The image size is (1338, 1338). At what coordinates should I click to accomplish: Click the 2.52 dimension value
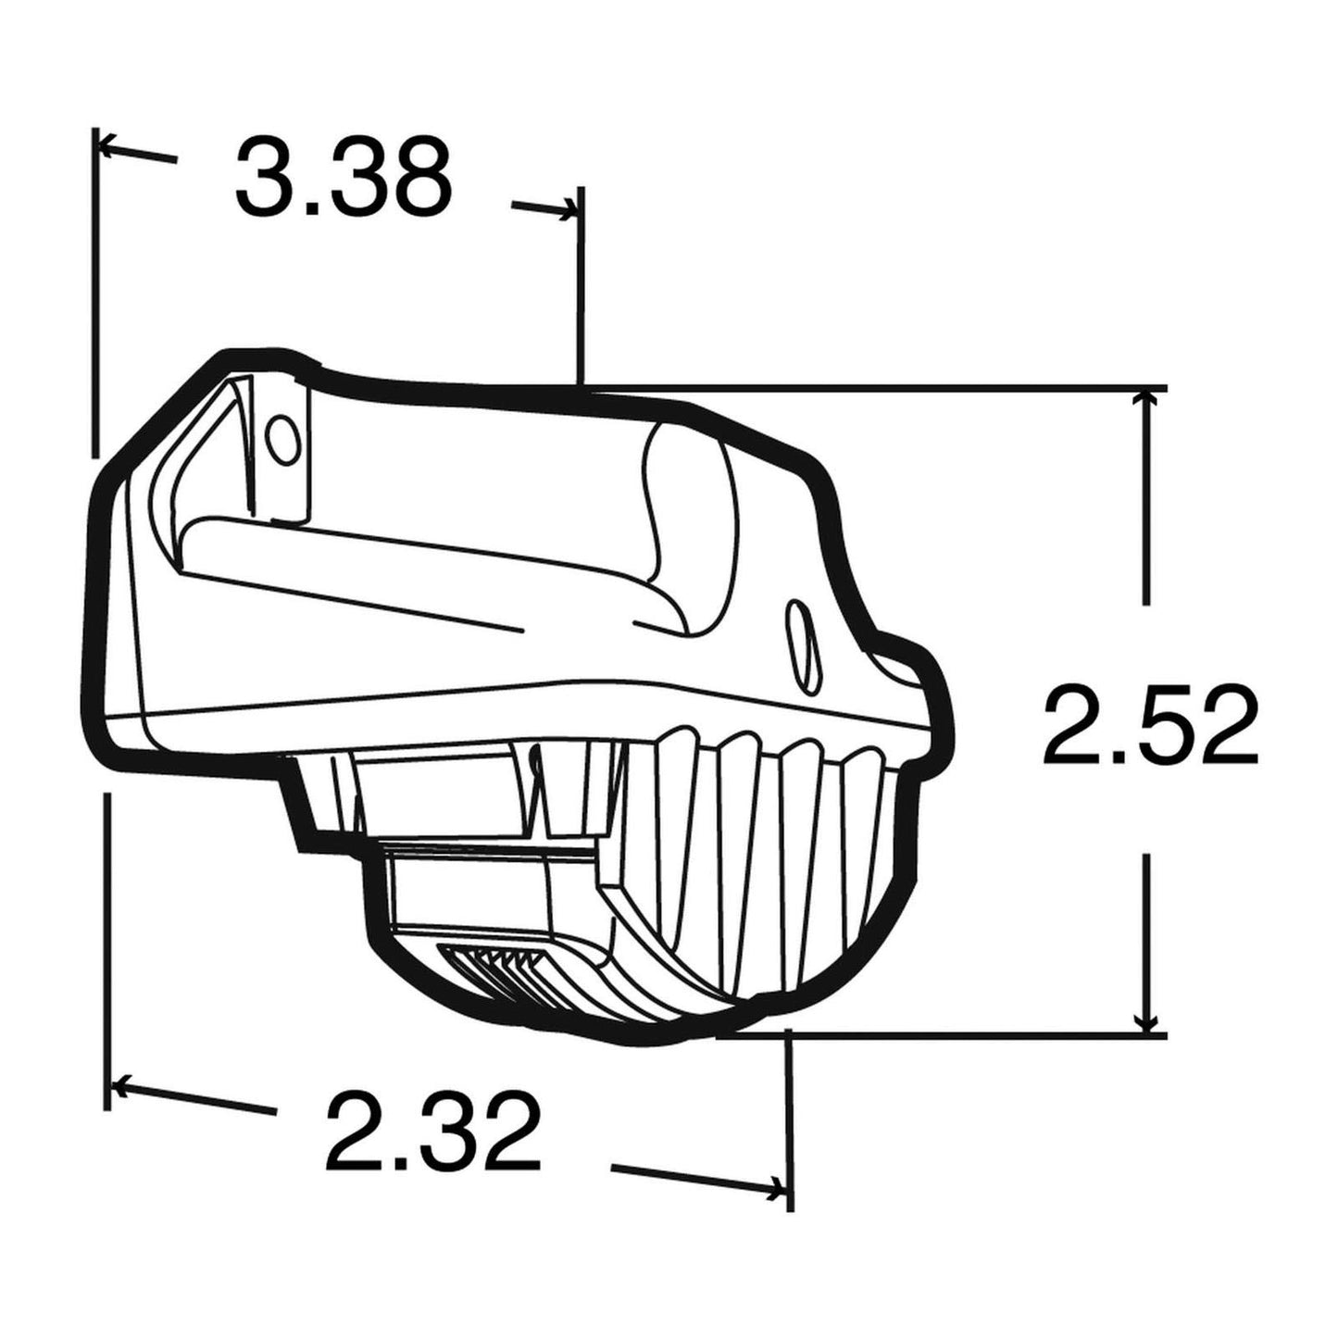tap(1151, 726)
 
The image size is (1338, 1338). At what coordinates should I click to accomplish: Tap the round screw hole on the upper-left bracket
tap(281, 435)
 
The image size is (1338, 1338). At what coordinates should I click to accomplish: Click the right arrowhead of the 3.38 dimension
tap(569, 215)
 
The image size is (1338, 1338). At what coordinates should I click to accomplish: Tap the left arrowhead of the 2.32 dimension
tap(119, 1083)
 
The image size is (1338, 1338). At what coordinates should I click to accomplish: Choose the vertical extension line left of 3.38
tap(94, 296)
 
